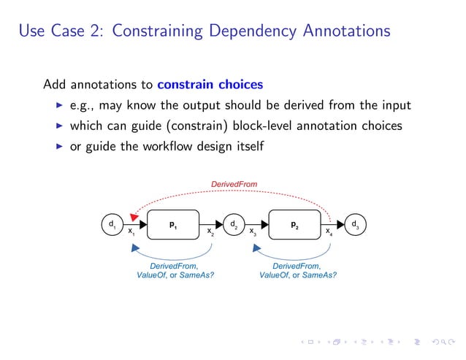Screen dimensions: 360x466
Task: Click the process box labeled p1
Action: (x=172, y=226)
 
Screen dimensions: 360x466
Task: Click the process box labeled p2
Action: (x=294, y=226)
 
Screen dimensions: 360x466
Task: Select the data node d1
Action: (x=111, y=224)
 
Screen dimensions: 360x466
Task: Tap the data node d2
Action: (x=233, y=224)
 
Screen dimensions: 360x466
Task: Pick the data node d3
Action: (x=355, y=224)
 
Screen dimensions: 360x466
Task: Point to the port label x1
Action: (x=131, y=233)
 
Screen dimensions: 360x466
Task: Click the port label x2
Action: (x=210, y=233)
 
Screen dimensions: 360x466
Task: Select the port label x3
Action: (x=253, y=233)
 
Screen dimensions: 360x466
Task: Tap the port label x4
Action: (x=329, y=233)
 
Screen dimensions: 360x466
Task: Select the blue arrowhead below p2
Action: (x=258, y=248)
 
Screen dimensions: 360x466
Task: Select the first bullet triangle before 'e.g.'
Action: (x=60, y=106)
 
